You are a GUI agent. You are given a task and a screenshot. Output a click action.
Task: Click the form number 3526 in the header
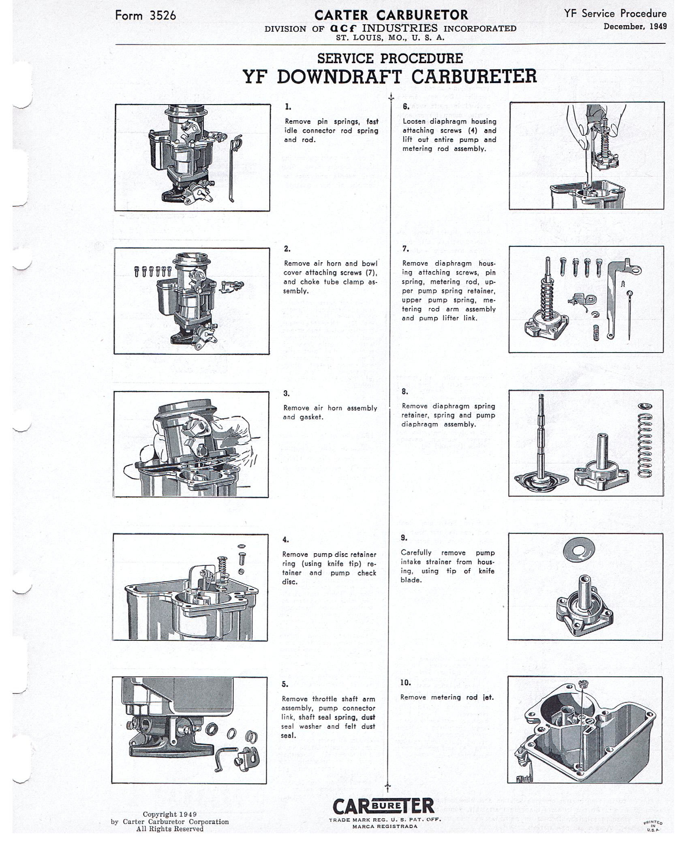163,16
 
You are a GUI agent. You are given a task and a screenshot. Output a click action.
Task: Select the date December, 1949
635,27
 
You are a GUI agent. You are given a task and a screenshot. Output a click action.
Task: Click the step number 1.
288,107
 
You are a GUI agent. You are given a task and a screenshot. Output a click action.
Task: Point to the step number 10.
405,683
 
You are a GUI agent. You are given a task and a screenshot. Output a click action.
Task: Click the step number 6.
406,107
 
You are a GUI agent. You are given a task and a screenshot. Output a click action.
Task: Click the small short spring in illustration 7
596,333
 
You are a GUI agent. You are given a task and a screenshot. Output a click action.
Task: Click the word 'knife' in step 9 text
486,571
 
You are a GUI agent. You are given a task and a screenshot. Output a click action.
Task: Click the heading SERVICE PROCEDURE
390,59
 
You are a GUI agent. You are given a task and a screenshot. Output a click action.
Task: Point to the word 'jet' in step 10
488,698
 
